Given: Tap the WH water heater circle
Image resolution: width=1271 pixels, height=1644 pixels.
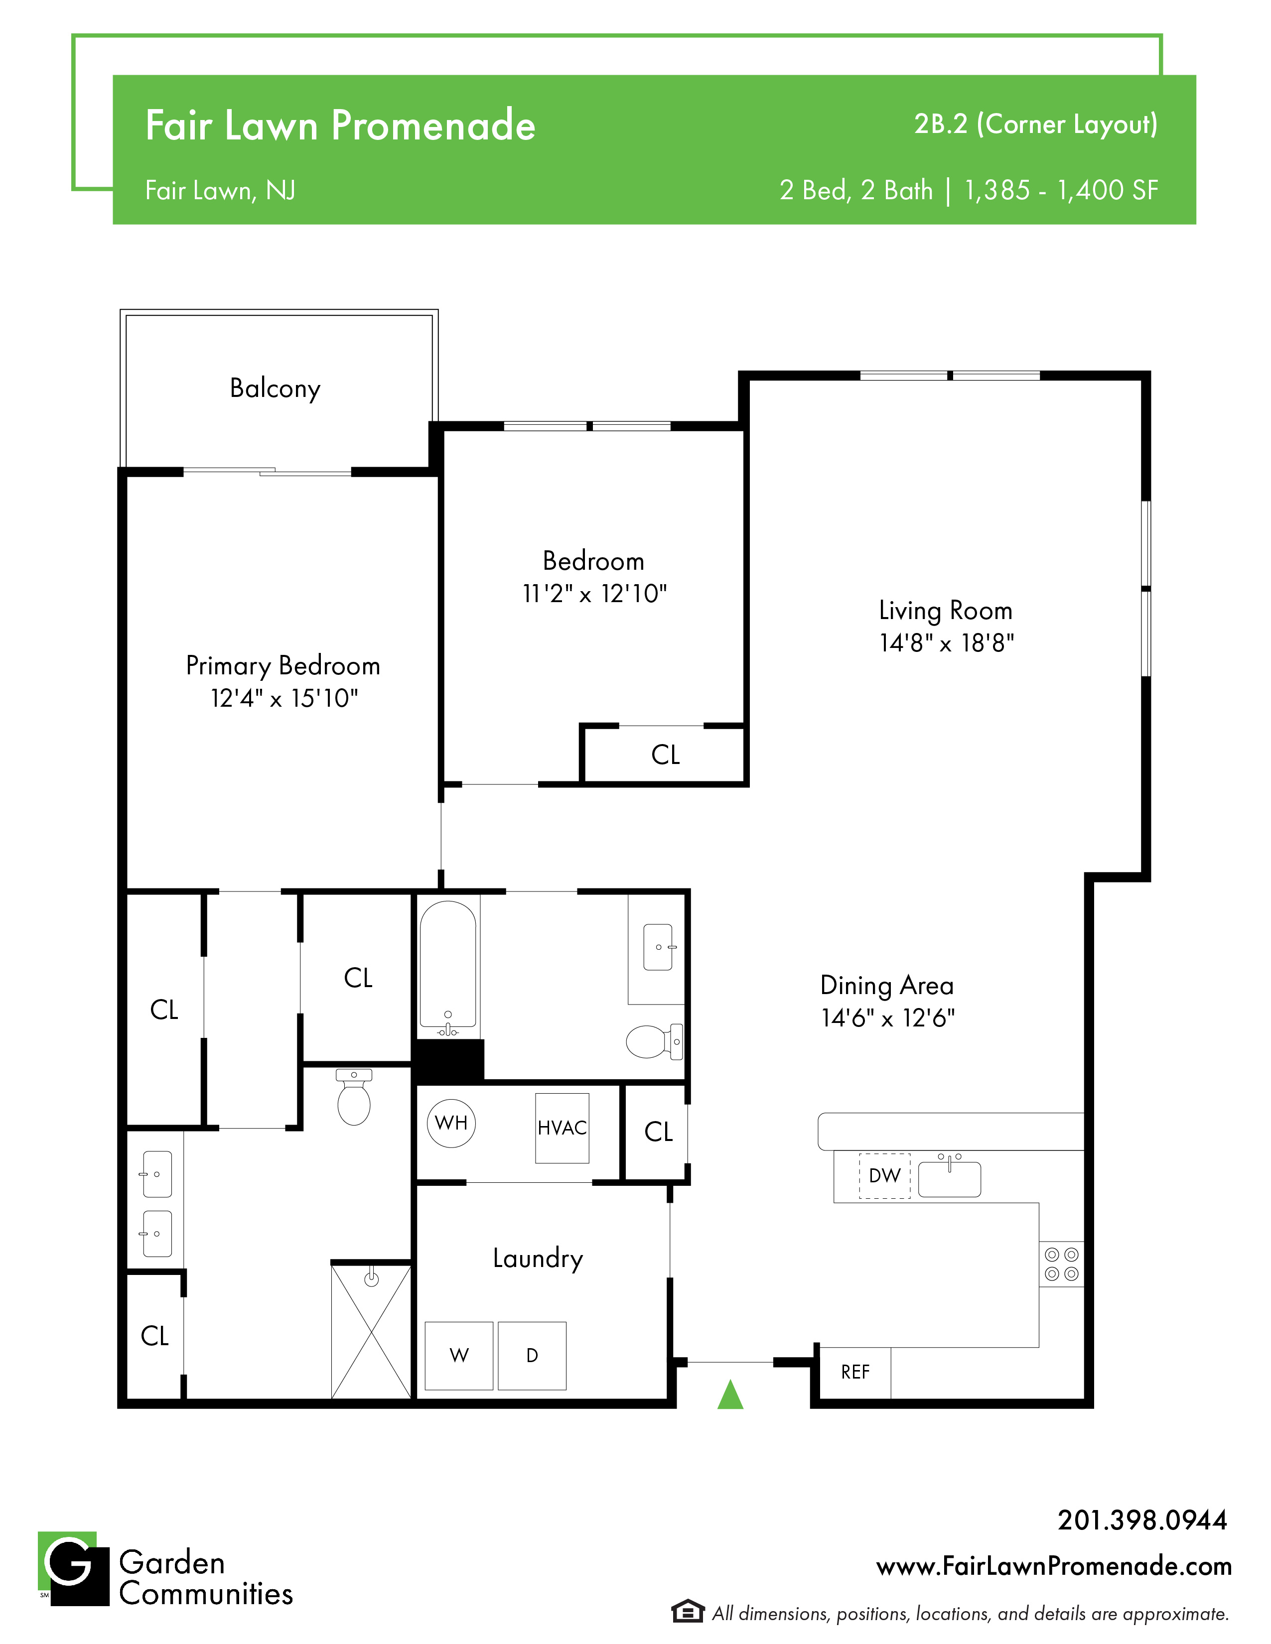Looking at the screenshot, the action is tap(451, 1123).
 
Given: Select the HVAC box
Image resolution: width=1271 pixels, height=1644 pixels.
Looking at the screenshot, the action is tap(562, 1128).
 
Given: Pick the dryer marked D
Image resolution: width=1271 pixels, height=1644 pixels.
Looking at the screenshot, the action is tap(532, 1355).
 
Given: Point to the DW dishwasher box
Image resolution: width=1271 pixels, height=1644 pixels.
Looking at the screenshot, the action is tap(885, 1176).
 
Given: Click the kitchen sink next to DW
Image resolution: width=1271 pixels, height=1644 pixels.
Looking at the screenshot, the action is tap(950, 1178).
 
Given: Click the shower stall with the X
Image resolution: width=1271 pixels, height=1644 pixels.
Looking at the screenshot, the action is tap(371, 1332).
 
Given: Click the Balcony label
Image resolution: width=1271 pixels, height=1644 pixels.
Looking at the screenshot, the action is tap(275, 388).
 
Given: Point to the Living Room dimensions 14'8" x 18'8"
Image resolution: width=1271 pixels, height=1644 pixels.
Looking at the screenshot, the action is tap(947, 643).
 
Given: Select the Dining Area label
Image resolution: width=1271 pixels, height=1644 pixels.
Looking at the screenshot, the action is tap(887, 985).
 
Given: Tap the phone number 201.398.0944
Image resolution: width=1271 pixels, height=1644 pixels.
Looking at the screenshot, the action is tap(1142, 1520).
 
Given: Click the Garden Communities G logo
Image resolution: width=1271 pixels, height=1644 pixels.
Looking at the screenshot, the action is tap(73, 1569).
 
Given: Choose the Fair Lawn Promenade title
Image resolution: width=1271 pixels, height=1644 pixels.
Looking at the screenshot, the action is tap(340, 125).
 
